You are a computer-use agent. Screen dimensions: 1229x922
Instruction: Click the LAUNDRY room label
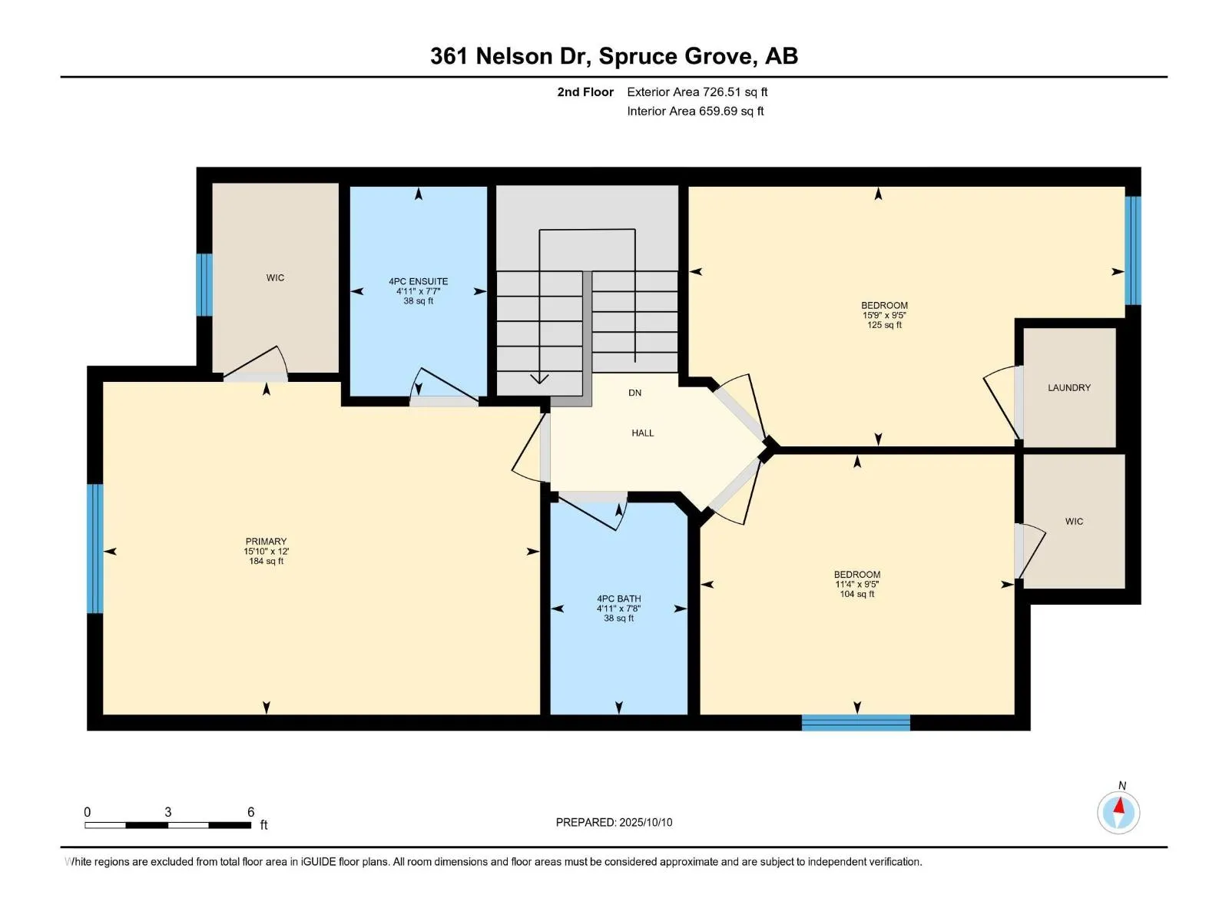coord(1069,387)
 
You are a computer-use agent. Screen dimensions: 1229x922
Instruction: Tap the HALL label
coord(642,433)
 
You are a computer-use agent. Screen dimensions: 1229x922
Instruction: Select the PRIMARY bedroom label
coord(266,542)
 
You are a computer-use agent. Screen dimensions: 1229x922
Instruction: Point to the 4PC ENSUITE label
coord(419,281)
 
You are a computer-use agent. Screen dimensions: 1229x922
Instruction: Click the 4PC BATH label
coord(618,599)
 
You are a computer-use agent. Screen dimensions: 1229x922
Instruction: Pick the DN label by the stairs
coord(634,393)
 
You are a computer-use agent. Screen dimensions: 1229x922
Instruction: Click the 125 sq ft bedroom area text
coord(884,325)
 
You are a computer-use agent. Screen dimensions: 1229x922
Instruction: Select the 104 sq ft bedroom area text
coord(856,593)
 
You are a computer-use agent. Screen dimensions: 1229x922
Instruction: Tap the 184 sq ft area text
coord(266,561)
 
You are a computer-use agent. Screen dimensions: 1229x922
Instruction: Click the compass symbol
coord(1118,812)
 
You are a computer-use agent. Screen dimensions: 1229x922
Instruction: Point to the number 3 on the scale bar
coord(168,811)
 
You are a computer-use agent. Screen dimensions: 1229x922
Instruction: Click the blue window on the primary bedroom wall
coord(95,549)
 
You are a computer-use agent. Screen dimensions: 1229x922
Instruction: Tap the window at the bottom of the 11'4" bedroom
coord(856,723)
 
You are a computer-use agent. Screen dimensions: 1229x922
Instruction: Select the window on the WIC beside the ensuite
coord(204,285)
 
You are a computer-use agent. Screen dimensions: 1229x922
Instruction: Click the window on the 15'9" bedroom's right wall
coord(1133,250)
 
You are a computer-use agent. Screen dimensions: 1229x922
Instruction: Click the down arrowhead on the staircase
coord(539,379)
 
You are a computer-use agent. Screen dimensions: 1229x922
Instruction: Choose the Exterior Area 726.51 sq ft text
coord(697,91)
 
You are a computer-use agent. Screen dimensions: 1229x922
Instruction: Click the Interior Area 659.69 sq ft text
coord(695,111)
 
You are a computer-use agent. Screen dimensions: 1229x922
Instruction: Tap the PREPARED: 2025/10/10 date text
coord(614,822)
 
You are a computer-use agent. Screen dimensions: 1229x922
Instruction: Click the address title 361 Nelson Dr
coord(510,57)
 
